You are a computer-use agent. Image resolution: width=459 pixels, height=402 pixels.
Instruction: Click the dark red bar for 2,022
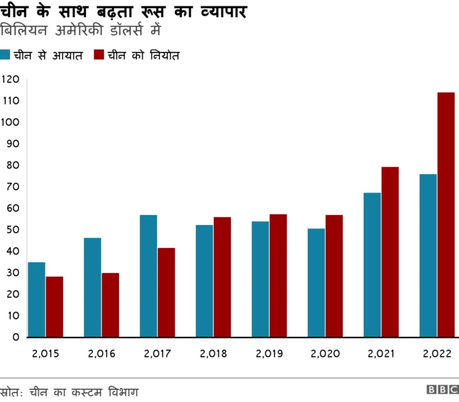pyautogui.click(x=445, y=214)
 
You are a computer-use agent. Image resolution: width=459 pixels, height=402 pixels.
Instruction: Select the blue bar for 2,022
pyautogui.click(x=428, y=255)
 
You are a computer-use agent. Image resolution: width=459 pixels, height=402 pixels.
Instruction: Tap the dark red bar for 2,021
pyautogui.click(x=390, y=252)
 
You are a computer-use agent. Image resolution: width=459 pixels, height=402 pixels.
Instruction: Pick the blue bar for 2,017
pyautogui.click(x=148, y=276)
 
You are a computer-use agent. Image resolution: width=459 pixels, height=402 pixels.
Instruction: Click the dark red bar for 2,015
pyautogui.click(x=55, y=307)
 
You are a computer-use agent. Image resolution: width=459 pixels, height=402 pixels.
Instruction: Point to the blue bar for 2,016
pyautogui.click(x=93, y=287)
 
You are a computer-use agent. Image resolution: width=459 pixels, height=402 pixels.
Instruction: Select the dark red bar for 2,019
pyautogui.click(x=278, y=275)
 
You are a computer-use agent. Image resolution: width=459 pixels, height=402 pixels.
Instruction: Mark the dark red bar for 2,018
pyautogui.click(x=222, y=277)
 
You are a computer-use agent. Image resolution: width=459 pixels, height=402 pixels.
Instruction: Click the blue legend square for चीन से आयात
pyautogui.click(x=5, y=54)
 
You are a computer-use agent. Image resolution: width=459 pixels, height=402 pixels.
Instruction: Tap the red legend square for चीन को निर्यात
pyautogui.click(x=99, y=54)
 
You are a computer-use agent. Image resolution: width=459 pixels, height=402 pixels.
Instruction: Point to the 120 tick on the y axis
pyautogui.click(x=10, y=80)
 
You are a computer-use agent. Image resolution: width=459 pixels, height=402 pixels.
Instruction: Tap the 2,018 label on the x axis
pyautogui.click(x=213, y=354)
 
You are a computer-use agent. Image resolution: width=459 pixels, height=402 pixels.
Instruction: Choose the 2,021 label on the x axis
pyautogui.click(x=381, y=354)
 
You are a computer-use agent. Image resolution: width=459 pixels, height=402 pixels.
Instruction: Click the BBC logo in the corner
pyautogui.click(x=442, y=390)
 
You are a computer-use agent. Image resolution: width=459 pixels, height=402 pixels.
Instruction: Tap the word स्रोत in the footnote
pyautogui.click(x=11, y=392)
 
